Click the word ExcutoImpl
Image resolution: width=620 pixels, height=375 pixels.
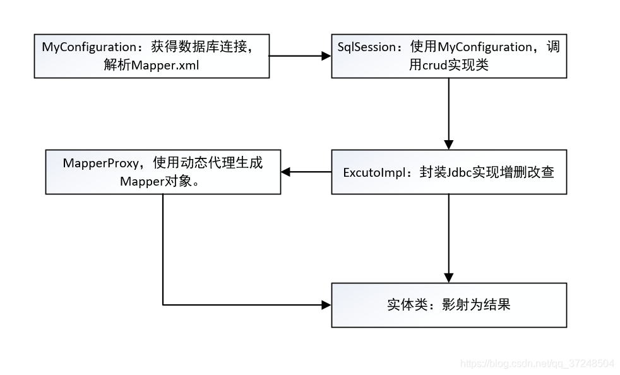point(373,172)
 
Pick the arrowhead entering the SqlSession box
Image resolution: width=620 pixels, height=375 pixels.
point(326,56)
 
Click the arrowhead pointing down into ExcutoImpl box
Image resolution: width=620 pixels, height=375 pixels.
point(449,145)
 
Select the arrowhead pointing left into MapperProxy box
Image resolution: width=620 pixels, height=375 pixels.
point(286,172)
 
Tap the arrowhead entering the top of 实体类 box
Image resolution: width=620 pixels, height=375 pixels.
point(449,278)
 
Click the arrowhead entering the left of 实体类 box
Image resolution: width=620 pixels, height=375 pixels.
point(326,305)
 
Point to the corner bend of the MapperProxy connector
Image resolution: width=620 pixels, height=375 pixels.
point(163,305)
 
